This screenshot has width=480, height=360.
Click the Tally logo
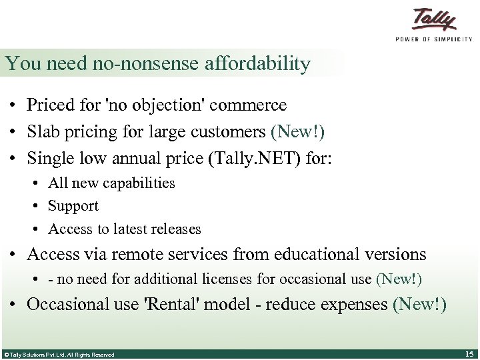coord(434,19)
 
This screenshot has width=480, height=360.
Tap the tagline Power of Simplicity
coord(434,39)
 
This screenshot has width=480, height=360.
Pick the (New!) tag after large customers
coord(297,132)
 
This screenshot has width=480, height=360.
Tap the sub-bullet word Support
coord(73,206)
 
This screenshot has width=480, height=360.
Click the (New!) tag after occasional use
coord(399,279)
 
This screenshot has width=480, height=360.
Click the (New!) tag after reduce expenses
coord(420,305)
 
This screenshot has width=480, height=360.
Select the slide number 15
coord(467,353)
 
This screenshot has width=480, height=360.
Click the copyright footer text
coord(59,355)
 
